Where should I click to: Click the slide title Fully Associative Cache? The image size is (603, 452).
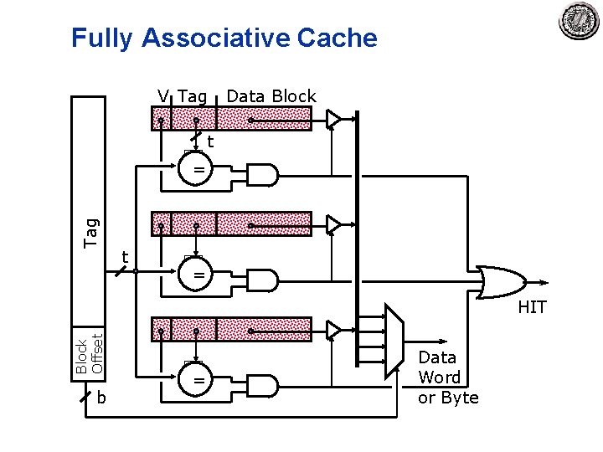pos(224,38)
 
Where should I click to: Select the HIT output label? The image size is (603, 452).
pos(532,307)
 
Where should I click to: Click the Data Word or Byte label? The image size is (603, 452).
pos(448,378)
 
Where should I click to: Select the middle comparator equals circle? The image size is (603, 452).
pos(199,275)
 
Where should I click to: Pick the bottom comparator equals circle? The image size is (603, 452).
pos(199,380)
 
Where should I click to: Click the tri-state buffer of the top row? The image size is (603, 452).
pos(334,119)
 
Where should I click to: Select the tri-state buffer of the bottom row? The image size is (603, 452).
pos(334,329)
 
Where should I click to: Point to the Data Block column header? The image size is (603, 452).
pos(271,96)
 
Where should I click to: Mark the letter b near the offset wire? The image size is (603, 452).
pos(100,398)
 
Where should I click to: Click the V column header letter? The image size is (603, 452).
pos(163,96)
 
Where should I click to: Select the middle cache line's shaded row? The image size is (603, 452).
pos(231,223)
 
